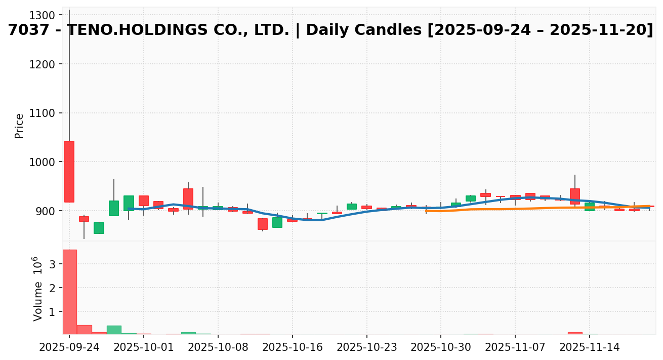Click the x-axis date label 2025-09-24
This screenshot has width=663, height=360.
(69, 348)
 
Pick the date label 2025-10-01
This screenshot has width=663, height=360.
(144, 348)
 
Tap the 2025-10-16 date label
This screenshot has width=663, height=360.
(292, 348)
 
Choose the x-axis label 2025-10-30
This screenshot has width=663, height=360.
(441, 348)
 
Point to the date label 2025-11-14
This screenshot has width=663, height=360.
(590, 348)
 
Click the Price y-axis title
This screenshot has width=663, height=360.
(20, 126)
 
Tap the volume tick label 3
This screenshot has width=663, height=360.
(53, 264)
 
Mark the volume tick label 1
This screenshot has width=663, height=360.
(53, 312)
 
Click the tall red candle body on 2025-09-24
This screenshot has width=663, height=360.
(69, 172)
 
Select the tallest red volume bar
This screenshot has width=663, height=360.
(69, 292)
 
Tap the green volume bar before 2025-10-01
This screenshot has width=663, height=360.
(114, 330)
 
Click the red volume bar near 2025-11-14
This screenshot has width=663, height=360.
(575, 333)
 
